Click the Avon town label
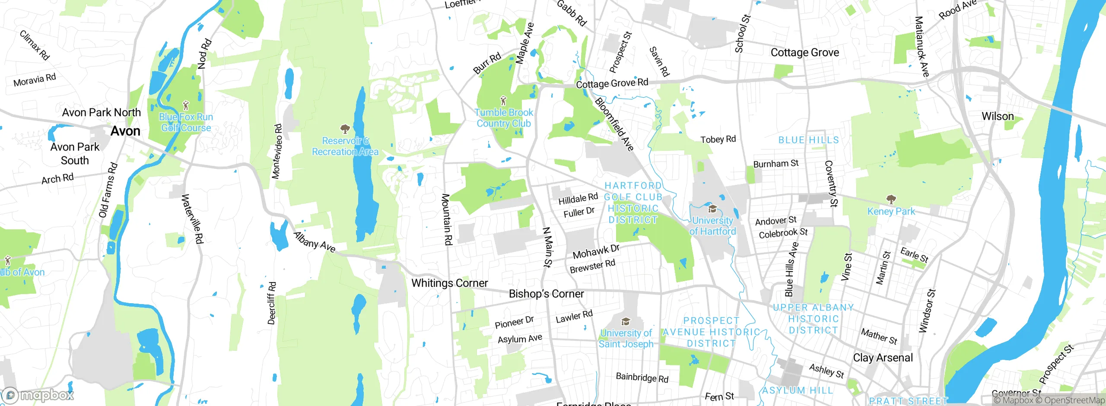click(x=125, y=131)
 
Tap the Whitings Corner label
click(x=449, y=283)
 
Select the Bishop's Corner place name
click(x=546, y=294)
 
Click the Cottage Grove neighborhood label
click(x=804, y=53)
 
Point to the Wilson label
click(x=997, y=116)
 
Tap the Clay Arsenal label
click(x=883, y=358)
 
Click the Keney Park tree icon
click(x=891, y=199)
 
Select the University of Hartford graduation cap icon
click(x=712, y=209)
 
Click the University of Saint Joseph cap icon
click(x=625, y=322)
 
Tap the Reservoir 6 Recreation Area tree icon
click(x=345, y=129)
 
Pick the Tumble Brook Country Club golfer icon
click(x=503, y=101)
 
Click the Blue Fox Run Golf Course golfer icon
click(x=186, y=105)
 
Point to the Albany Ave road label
click(x=314, y=242)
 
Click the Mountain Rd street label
click(x=446, y=219)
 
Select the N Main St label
click(x=547, y=247)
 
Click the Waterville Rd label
click(x=192, y=219)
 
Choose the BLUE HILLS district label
click(x=808, y=140)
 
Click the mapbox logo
click(x=38, y=395)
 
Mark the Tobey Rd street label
click(x=718, y=139)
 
